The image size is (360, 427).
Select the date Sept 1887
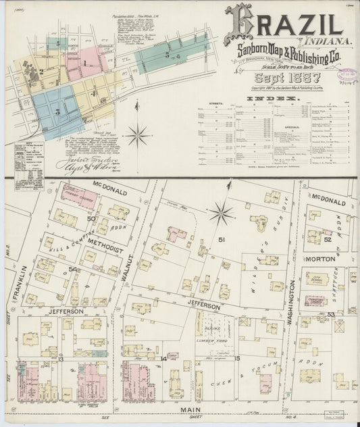tap(280, 78)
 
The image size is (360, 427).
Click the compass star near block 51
tap(221, 214)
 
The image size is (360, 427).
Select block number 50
tap(91, 219)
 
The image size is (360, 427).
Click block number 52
tap(327, 239)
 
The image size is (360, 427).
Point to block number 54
tap(72, 270)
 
